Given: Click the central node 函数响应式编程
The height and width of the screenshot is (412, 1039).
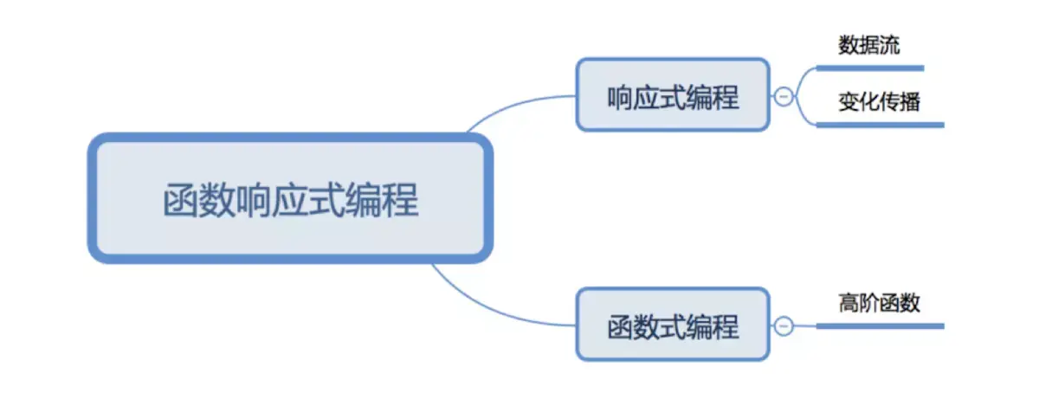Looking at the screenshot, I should tap(290, 198).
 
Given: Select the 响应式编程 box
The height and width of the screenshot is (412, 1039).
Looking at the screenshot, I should tap(673, 95).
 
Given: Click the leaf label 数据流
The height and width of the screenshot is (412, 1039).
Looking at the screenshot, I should tap(868, 46).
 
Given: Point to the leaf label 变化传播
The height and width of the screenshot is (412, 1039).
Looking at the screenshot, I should tap(879, 102).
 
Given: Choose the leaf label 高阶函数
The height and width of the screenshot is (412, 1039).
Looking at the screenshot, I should tap(879, 303).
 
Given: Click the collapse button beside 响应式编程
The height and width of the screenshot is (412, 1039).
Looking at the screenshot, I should tap(783, 97).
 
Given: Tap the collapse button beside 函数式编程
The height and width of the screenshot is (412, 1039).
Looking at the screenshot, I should tap(783, 326).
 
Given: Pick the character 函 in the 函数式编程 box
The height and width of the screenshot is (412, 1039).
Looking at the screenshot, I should tap(621, 326).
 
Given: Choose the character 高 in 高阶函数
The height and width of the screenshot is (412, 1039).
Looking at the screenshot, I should tap(849, 303).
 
